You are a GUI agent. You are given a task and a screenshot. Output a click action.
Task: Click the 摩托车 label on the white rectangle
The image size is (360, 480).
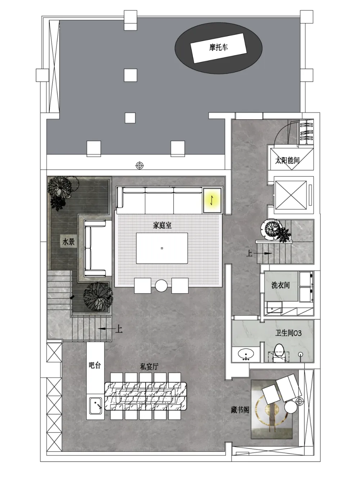point(219,47)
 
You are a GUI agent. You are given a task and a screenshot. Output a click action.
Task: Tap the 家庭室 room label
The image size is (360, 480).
point(162,225)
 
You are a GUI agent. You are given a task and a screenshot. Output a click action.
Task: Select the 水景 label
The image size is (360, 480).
point(68,242)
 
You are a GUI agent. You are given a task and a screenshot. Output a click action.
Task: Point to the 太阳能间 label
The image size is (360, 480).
point(287,160)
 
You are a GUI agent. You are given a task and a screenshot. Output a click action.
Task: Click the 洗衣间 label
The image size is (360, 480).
point(280,285)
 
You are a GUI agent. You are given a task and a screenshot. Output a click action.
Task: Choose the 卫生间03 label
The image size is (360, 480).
point(288,333)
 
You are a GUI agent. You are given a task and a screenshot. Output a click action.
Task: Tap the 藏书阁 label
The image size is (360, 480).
point(240,409)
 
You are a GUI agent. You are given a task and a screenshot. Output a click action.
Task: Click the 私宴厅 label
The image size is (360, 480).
point(149,367)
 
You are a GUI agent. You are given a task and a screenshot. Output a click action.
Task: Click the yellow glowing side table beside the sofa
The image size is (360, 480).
point(212,200)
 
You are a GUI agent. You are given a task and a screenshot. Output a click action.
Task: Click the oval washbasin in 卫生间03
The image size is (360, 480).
point(246,354)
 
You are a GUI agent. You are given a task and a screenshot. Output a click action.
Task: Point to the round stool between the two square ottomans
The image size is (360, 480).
point(161,286)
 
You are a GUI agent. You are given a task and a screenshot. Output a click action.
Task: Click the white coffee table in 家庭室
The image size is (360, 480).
point(162,248)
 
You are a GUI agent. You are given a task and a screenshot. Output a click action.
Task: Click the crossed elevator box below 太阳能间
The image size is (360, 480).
point(291,195)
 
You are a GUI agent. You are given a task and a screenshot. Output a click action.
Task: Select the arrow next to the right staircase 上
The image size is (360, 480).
point(263,254)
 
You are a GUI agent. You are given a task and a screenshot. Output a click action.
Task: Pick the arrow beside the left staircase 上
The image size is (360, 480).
point(106,328)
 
